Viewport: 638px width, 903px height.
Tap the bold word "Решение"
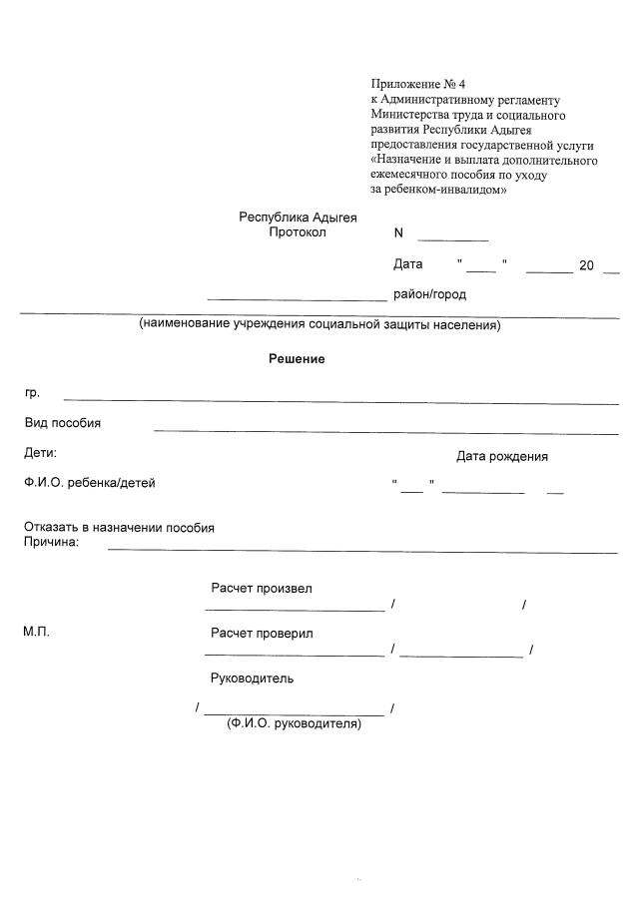(x=297, y=359)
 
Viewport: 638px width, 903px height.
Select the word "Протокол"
(x=298, y=232)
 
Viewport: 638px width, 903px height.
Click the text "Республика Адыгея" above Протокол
(x=298, y=217)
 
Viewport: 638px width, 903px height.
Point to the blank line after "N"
(x=452, y=239)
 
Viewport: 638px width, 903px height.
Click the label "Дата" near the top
(x=408, y=264)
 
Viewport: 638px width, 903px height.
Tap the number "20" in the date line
(x=586, y=265)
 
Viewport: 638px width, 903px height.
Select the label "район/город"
(x=429, y=294)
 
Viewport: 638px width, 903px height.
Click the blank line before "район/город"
(x=296, y=297)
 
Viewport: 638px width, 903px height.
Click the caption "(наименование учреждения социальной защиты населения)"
(x=319, y=325)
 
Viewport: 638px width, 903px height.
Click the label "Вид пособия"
(x=63, y=423)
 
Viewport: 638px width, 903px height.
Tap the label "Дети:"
(x=41, y=453)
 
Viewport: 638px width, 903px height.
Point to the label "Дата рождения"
(x=502, y=457)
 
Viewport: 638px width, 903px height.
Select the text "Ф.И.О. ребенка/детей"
(x=90, y=483)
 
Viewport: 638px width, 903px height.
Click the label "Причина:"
(x=51, y=543)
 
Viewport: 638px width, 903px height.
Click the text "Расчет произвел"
(x=261, y=589)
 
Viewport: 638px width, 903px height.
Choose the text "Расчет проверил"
(x=262, y=634)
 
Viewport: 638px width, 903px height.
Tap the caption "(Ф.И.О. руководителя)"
(x=295, y=723)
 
